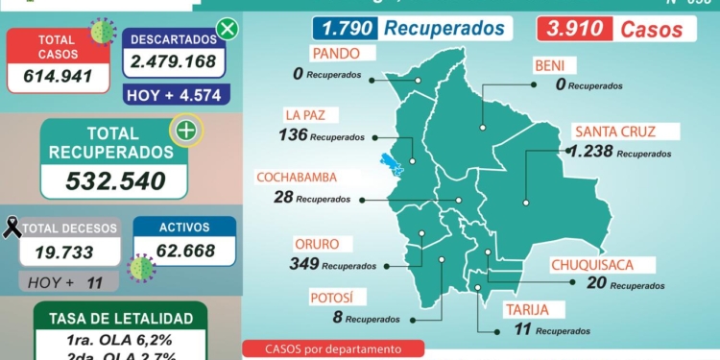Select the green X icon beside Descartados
tap(227, 29)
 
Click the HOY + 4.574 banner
tap(174, 94)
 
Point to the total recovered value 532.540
tap(114, 180)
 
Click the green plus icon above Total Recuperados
tap(185, 131)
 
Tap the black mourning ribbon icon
tap(12, 228)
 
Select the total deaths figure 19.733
tap(70, 252)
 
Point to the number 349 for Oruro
tap(303, 263)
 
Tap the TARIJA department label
tap(526, 309)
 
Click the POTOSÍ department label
tap(331, 298)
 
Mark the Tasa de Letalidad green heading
tap(113, 319)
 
